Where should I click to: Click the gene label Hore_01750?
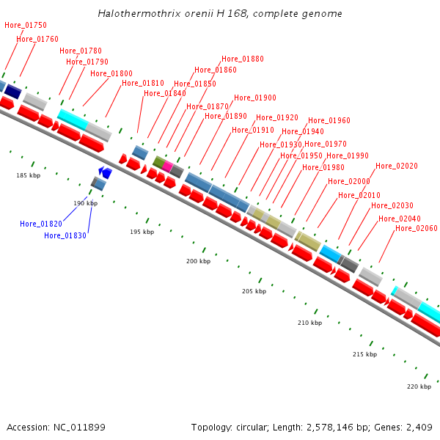tap(26, 25)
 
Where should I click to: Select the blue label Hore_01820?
tap(41, 224)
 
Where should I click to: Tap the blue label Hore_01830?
tap(65, 235)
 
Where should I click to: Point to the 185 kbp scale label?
tap(29, 175)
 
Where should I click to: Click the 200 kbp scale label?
tap(198, 261)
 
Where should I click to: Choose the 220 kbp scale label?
tap(419, 386)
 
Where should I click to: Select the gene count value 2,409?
tap(418, 427)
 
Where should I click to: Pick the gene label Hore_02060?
tap(417, 229)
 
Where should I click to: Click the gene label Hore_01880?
tap(243, 59)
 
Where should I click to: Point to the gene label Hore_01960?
tap(329, 121)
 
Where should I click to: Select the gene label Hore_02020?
tap(397, 166)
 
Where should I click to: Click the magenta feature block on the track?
tap(168, 166)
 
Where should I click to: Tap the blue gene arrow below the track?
tap(106, 173)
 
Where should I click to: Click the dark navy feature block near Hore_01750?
tap(13, 91)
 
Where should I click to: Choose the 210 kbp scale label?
tap(309, 323)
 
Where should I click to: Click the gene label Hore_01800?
tap(111, 73)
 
